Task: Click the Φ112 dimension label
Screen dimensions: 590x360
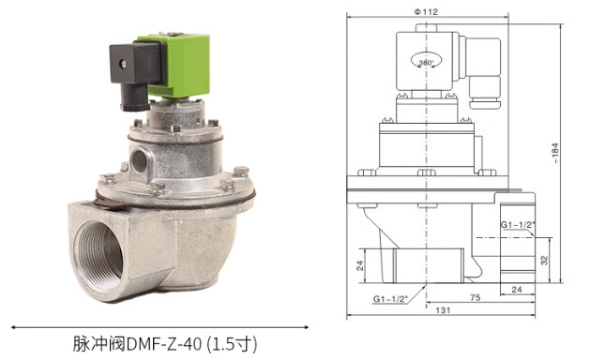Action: [426, 12]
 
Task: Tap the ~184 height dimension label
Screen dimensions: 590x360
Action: [555, 153]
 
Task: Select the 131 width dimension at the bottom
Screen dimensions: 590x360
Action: [443, 310]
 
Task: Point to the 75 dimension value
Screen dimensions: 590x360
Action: [476, 297]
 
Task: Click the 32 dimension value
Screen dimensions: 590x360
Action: [544, 260]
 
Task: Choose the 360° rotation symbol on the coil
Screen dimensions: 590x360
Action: [427, 63]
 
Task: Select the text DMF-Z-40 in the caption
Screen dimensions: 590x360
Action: [164, 344]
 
